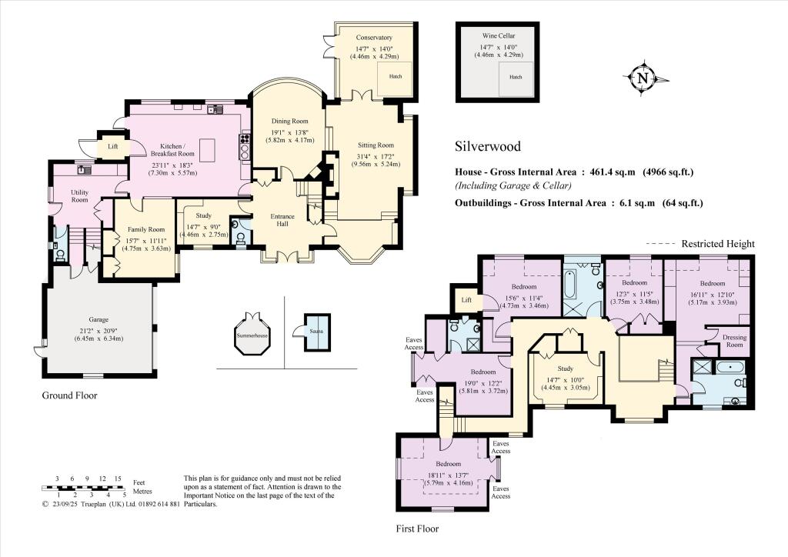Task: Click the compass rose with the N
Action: [643, 78]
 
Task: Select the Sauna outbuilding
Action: [317, 333]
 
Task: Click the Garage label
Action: [98, 319]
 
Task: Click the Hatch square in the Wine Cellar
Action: [516, 78]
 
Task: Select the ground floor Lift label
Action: [113, 147]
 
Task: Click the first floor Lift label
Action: [466, 300]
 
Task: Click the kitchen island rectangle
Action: [207, 148]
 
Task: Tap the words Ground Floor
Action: [69, 395]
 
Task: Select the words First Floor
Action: [417, 529]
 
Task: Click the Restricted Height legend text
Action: [718, 244]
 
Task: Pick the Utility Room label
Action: [79, 196]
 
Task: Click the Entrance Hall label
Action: [282, 220]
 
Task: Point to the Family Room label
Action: [145, 229]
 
